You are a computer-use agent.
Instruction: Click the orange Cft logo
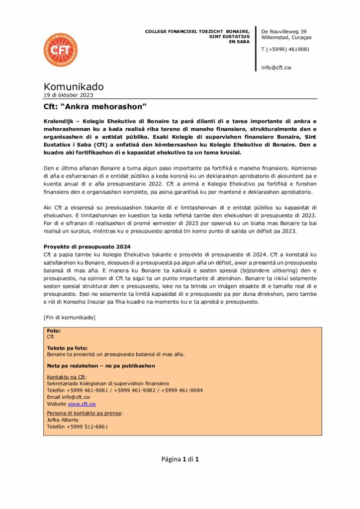(x=60, y=50)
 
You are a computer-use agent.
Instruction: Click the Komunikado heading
(x=74, y=87)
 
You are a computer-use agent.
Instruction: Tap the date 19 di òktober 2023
(x=68, y=95)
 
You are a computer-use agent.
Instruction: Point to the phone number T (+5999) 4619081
(x=285, y=49)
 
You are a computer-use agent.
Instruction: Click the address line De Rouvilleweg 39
(x=284, y=31)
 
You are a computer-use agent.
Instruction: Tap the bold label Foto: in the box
(x=54, y=330)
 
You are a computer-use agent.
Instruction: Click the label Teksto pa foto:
(x=67, y=348)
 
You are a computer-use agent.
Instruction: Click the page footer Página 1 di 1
(x=180, y=459)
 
